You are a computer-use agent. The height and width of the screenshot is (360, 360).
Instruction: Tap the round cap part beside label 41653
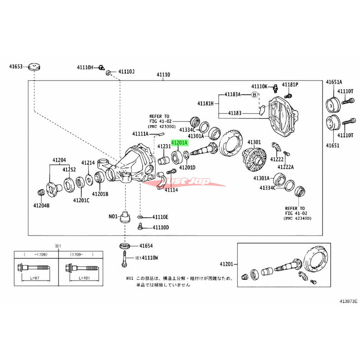tap(34, 66)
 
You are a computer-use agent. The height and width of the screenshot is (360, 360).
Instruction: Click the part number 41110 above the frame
tap(163, 75)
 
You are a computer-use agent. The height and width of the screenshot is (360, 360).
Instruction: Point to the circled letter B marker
tap(254, 94)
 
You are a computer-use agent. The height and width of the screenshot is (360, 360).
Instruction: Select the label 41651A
tap(334, 82)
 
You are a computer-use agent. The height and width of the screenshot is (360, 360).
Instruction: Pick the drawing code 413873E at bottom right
tap(346, 301)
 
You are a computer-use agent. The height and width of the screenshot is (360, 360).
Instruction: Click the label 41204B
tap(41, 205)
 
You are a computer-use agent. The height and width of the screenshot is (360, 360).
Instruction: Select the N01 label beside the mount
tap(113, 216)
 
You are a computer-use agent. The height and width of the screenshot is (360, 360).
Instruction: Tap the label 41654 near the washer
tap(146, 246)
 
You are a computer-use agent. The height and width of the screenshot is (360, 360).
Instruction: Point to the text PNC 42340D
tap(297, 218)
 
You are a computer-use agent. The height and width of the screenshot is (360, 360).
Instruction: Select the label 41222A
tap(286, 166)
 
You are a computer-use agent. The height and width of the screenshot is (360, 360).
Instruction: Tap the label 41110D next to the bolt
tap(160, 227)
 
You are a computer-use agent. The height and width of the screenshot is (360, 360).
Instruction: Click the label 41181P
tap(290, 85)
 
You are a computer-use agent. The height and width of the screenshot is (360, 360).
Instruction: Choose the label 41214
tap(88, 162)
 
